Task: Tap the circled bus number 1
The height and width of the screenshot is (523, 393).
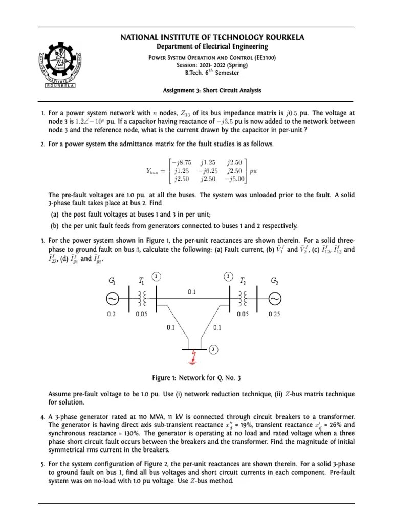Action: (x=157, y=276)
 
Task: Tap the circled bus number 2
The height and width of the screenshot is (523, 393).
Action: (x=228, y=276)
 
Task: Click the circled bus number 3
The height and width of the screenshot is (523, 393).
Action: (x=212, y=349)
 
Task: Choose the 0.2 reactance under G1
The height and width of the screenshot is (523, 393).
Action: (x=112, y=315)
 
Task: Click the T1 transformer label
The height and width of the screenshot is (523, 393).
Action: (x=142, y=280)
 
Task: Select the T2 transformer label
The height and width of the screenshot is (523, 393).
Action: (x=244, y=280)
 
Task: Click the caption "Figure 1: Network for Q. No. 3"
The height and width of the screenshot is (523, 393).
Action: (x=196, y=378)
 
